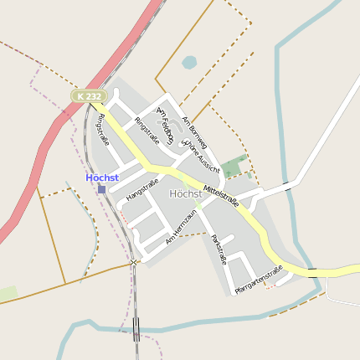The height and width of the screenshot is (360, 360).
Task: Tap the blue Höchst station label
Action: [x=102, y=177]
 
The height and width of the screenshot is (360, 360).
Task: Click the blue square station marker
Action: [x=102, y=189]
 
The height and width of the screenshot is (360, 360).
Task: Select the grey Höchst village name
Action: [x=185, y=193]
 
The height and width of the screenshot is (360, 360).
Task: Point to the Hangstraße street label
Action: [x=141, y=188]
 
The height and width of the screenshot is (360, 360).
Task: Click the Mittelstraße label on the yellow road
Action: [x=221, y=194]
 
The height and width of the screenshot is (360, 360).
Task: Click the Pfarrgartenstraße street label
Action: [x=259, y=279]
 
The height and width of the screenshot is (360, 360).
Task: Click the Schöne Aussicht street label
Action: [x=202, y=157]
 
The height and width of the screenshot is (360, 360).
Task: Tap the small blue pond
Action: [x=189, y=62]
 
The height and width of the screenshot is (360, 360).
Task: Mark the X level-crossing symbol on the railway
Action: [x=133, y=263]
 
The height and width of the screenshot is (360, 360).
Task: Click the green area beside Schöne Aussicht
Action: [x=235, y=166]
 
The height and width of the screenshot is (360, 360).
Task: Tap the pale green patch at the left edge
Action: [x=8, y=294]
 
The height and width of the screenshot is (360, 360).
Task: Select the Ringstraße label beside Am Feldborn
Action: [x=147, y=131]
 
